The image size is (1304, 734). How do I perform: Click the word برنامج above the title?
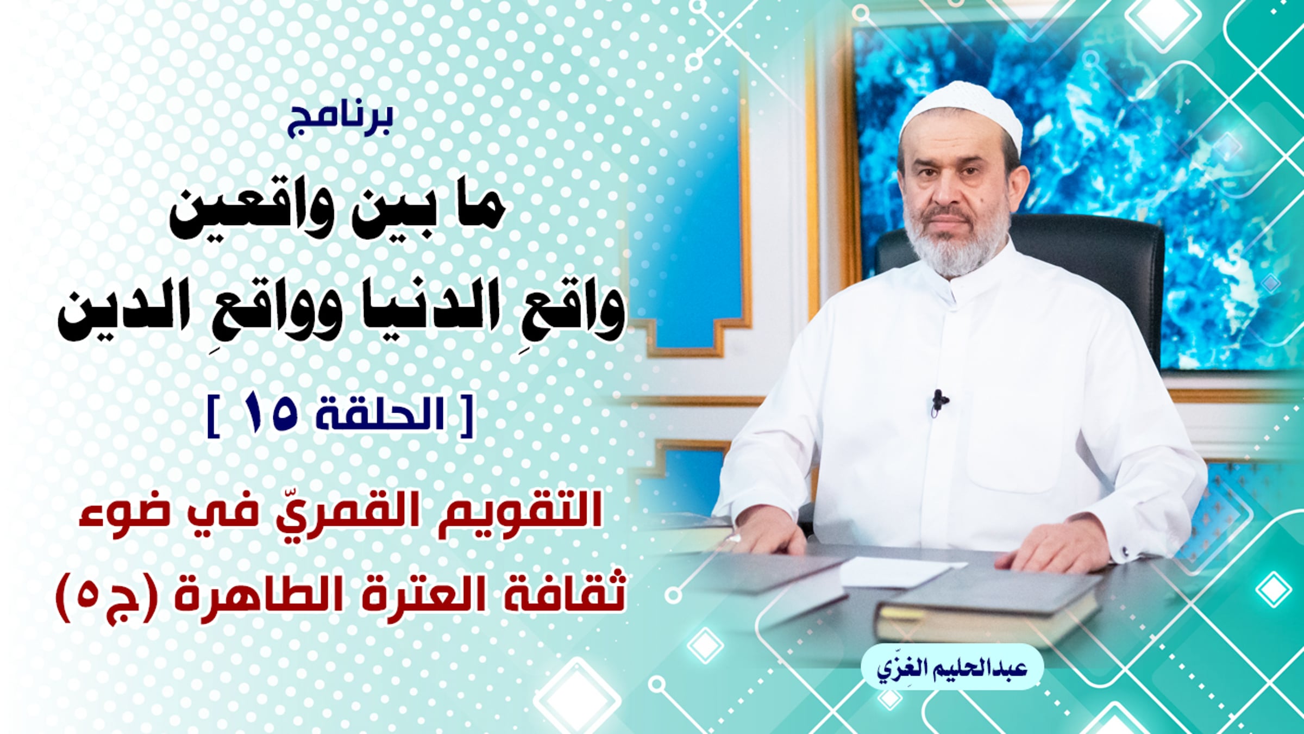(341, 121)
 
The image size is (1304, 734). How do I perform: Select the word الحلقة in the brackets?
(381, 414)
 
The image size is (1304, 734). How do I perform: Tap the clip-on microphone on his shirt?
(939, 402)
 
